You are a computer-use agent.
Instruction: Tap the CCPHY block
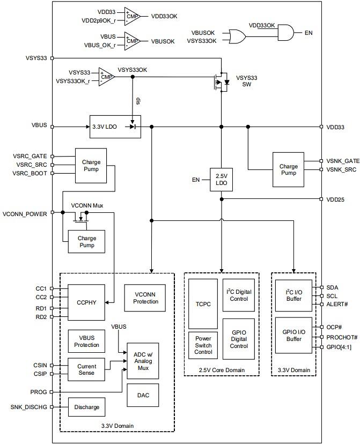(87, 302)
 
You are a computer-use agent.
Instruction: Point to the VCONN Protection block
(146, 298)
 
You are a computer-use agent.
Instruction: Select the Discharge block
(87, 407)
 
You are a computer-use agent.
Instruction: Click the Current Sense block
(86, 369)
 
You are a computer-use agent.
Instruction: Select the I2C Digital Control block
(239, 295)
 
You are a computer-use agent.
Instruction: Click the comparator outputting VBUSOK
(131, 40)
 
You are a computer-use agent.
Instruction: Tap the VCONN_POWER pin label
(25, 213)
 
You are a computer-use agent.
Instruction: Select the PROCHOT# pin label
(342, 337)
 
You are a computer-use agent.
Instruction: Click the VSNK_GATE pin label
(342, 161)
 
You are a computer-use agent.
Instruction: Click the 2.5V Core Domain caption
(222, 370)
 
